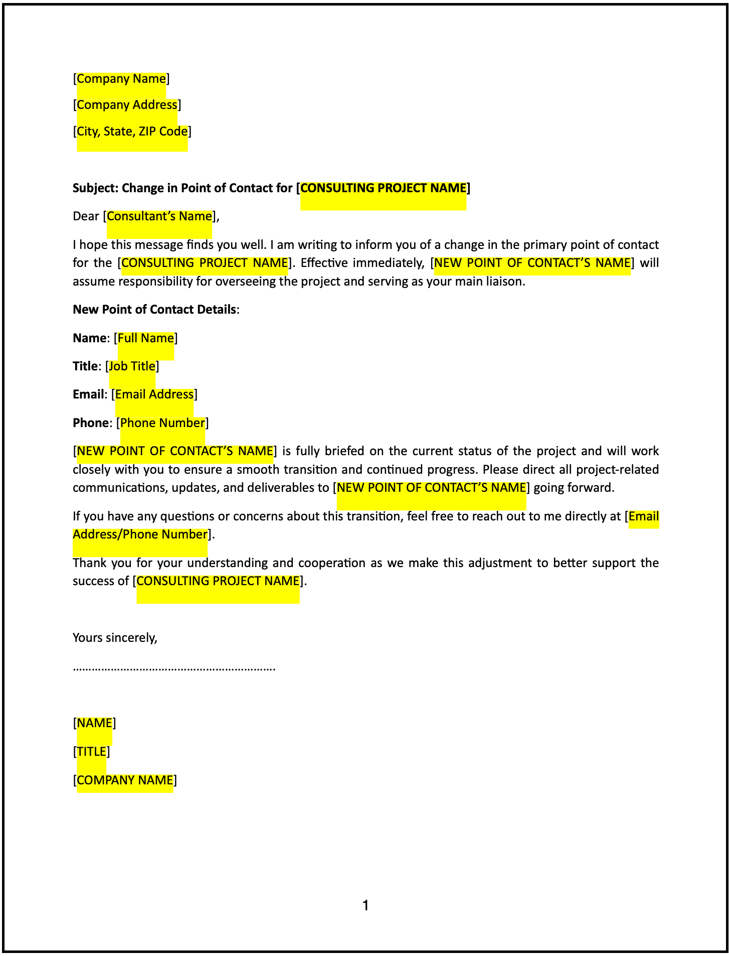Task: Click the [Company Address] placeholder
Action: (127, 105)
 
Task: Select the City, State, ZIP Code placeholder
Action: (132, 131)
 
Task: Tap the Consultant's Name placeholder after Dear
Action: (159, 216)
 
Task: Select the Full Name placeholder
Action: (145, 338)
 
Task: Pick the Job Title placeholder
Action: (132, 366)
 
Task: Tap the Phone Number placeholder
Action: (162, 423)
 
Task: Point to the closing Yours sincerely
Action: (115, 638)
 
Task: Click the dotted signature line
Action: (173, 668)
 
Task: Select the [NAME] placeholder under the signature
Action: (94, 723)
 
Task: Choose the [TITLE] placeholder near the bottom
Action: (91, 752)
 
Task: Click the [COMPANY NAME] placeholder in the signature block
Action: (125, 780)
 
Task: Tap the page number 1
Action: (366, 905)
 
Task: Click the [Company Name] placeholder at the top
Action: (121, 79)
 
